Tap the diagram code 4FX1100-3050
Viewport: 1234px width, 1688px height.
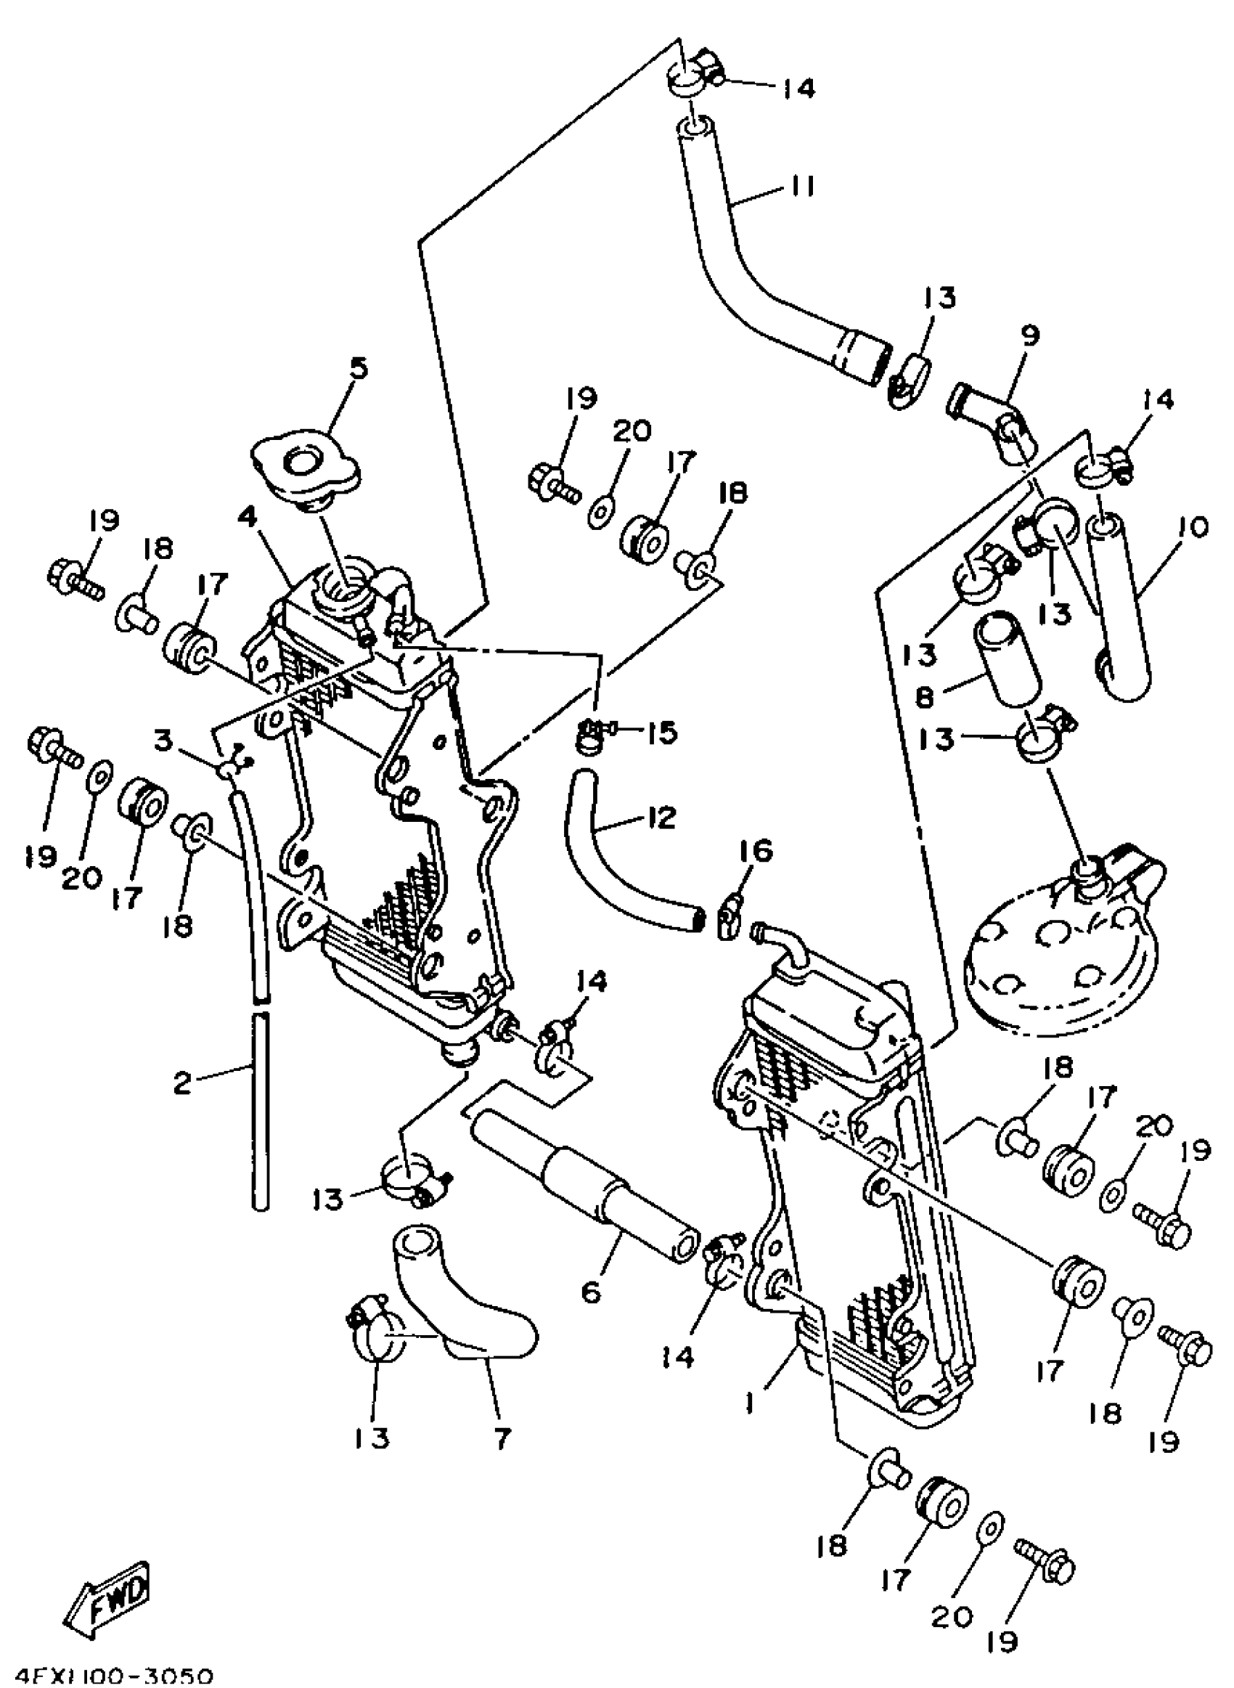(x=108, y=1676)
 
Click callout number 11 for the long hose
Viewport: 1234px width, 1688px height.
(x=800, y=185)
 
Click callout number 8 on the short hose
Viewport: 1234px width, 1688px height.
(x=924, y=697)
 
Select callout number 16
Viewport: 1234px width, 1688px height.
(x=756, y=851)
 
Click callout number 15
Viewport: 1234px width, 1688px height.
(x=662, y=732)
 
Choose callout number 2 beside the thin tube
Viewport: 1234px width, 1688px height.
(x=181, y=1082)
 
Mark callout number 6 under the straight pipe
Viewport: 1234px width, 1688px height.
(x=591, y=1292)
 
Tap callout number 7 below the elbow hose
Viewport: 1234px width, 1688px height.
(x=502, y=1437)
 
